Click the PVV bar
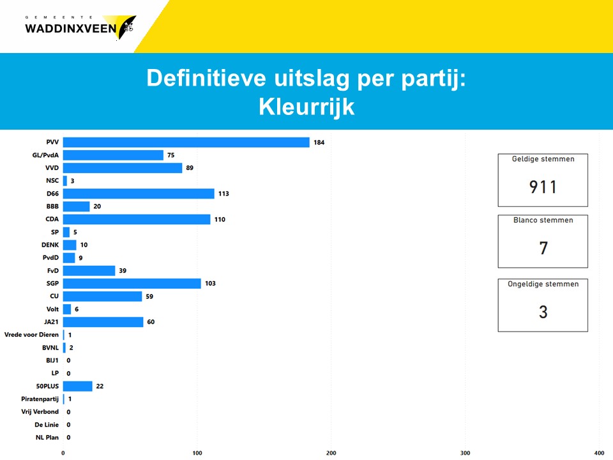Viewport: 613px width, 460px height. pos(186,142)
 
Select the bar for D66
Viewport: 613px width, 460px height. pos(139,194)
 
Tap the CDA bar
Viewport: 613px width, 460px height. pos(137,219)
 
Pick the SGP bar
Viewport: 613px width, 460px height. pos(132,283)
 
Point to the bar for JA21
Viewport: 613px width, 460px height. pos(103,322)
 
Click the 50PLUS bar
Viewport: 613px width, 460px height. pos(77,386)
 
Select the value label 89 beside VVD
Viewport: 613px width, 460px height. pos(190,168)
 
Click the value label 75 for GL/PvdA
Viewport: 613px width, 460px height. pos(170,155)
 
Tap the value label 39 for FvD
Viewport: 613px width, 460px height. pos(123,271)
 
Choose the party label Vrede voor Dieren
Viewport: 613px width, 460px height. pos(31,335)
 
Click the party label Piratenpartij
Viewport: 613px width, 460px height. pos(40,399)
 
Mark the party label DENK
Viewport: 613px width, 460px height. pos(49,245)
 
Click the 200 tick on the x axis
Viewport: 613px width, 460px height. pos(331,452)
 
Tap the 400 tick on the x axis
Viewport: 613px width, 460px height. pos(598,452)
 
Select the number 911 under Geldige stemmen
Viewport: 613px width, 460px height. pos(543,187)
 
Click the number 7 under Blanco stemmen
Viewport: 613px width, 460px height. pos(543,248)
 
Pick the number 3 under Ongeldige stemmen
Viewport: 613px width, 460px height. pos(543,312)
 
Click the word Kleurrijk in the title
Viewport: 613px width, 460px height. pos(306,107)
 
